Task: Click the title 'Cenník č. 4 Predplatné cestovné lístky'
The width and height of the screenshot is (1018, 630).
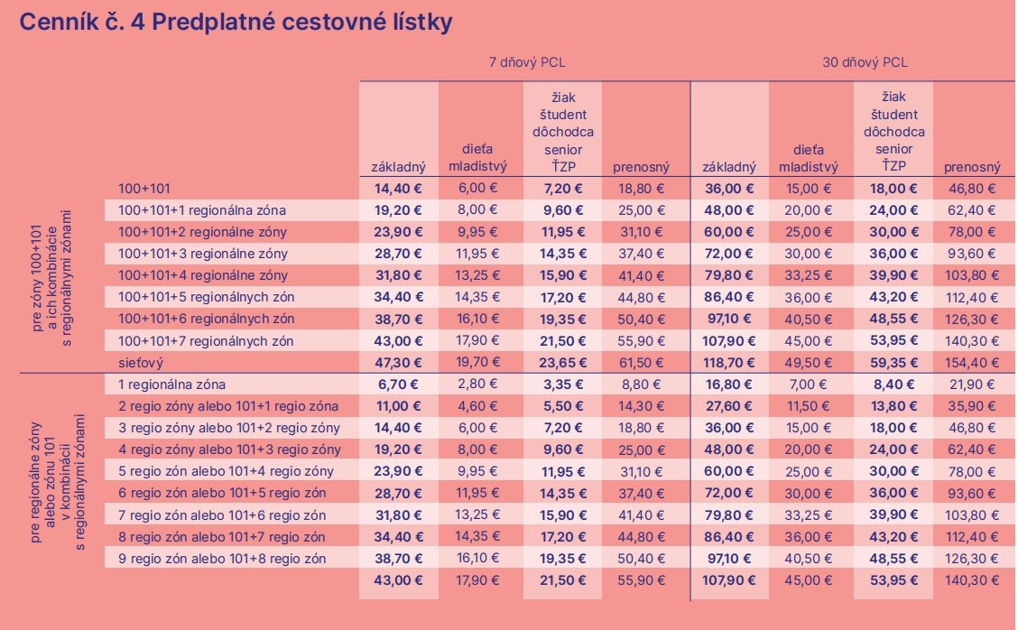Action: [236, 23]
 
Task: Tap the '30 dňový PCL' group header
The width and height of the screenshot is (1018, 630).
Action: [865, 62]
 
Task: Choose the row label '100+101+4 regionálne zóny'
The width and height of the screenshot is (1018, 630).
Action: [203, 275]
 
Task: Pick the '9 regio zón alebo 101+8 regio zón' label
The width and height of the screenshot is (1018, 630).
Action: [222, 559]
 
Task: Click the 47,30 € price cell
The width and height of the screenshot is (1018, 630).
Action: [398, 362]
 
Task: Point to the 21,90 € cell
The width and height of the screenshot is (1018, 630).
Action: [975, 384]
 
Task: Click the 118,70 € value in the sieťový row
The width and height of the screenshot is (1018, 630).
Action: [728, 362]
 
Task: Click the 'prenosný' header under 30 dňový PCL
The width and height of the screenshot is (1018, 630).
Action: [972, 167]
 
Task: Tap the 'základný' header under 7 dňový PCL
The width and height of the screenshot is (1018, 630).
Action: [398, 167]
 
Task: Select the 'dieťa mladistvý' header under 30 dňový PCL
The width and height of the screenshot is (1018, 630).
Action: [809, 158]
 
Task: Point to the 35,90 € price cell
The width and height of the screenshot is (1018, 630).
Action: [975, 406]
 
